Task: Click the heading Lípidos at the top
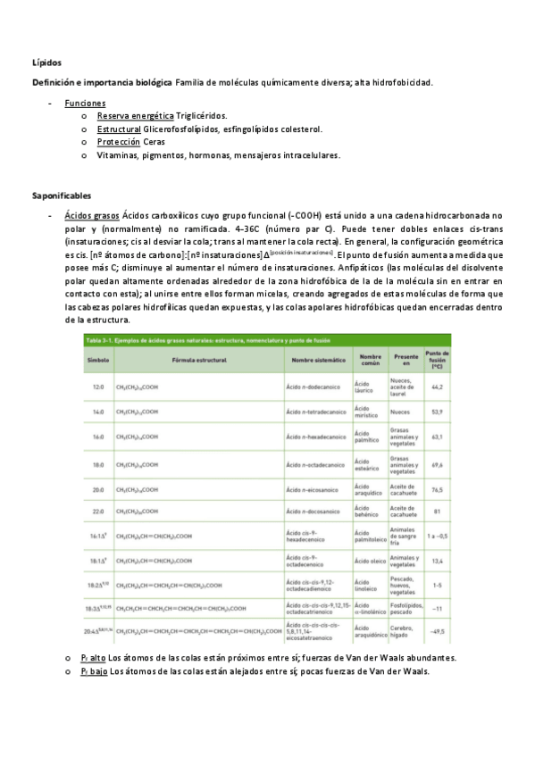tap(47, 63)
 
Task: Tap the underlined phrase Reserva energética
tap(135, 116)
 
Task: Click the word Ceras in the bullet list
tap(154, 142)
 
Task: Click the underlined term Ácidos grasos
tap(92, 215)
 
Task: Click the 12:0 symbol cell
tap(98, 387)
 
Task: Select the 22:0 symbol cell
tap(98, 513)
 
